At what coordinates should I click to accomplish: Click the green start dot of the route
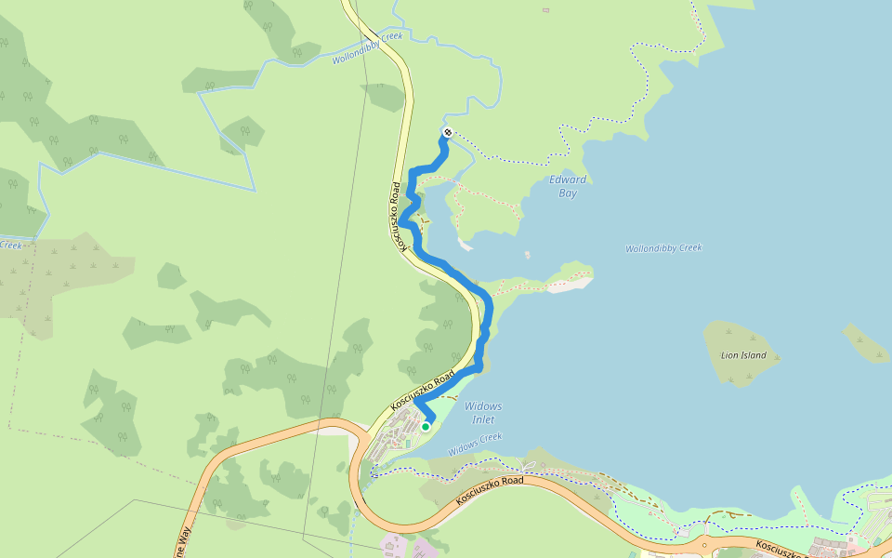(x=426, y=427)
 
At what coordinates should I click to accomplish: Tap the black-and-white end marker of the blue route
(x=448, y=133)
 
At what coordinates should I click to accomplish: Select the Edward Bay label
(x=568, y=186)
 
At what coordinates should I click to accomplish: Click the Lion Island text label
(x=743, y=355)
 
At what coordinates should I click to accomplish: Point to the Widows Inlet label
(x=483, y=413)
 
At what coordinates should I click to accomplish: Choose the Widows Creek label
(x=475, y=444)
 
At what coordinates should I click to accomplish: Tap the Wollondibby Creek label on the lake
(x=663, y=248)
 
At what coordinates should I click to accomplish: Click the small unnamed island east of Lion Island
(x=866, y=342)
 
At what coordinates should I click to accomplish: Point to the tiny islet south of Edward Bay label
(x=527, y=254)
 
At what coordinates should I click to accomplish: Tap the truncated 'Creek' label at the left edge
(x=10, y=246)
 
